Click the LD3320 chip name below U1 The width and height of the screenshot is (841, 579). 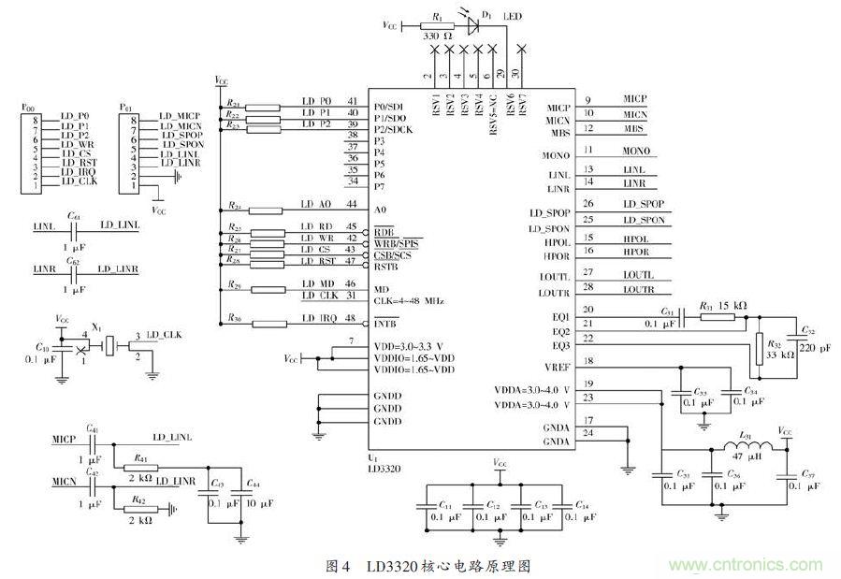pos(386,467)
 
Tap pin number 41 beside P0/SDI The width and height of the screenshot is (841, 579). pos(352,101)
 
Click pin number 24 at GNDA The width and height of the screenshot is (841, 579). pos(588,433)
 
